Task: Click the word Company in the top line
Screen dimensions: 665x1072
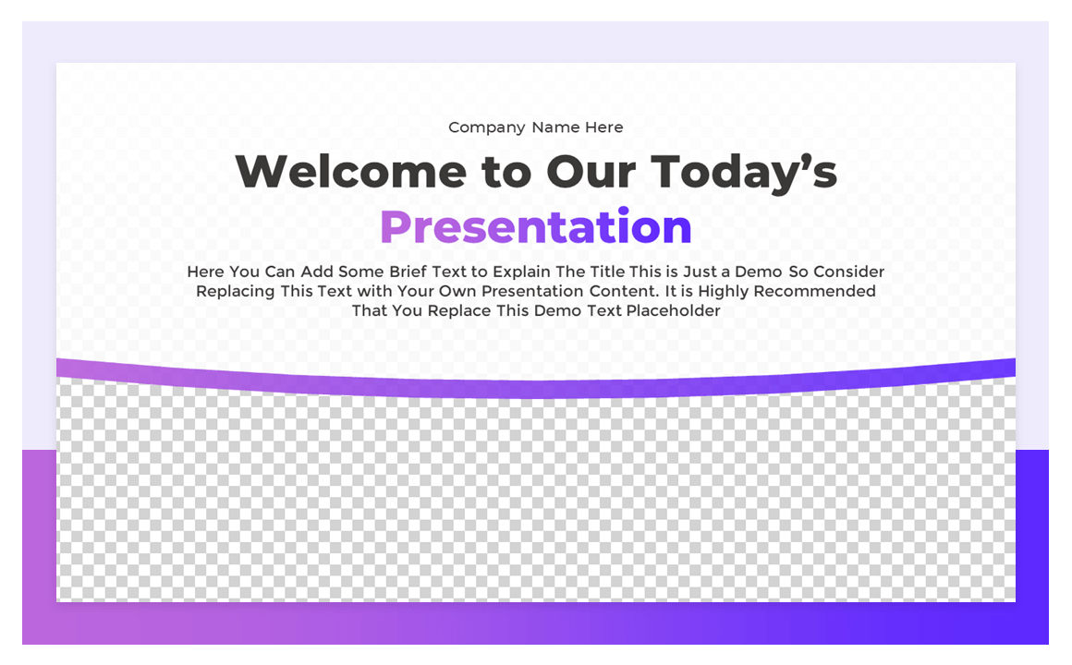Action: point(474,127)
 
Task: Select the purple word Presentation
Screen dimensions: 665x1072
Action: point(536,227)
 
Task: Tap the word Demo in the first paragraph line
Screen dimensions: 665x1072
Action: point(758,272)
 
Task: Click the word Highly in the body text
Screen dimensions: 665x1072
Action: point(724,291)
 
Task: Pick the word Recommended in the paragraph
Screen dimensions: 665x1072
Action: point(815,291)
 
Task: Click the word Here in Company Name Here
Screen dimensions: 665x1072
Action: point(604,127)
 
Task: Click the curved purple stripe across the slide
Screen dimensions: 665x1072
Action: point(536,389)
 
